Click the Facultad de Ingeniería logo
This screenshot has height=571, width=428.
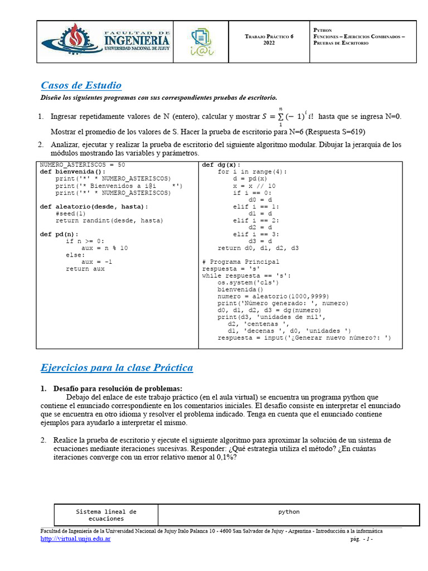[106, 42]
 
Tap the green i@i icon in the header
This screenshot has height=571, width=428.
[201, 42]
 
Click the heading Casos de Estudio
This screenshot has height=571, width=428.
[81, 85]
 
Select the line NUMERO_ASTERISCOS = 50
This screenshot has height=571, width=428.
[82, 165]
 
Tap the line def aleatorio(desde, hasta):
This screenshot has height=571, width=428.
[94, 206]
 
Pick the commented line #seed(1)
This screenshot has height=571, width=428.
[71, 214]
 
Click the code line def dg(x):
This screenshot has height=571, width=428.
[221, 165]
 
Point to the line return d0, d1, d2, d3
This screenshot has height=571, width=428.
[258, 248]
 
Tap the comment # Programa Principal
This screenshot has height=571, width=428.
[241, 262]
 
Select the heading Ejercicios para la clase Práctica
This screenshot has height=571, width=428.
[117, 368]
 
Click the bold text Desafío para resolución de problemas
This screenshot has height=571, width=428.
[118, 389]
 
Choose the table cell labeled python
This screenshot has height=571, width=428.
[289, 512]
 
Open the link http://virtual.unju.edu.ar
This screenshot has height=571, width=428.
[76, 539]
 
